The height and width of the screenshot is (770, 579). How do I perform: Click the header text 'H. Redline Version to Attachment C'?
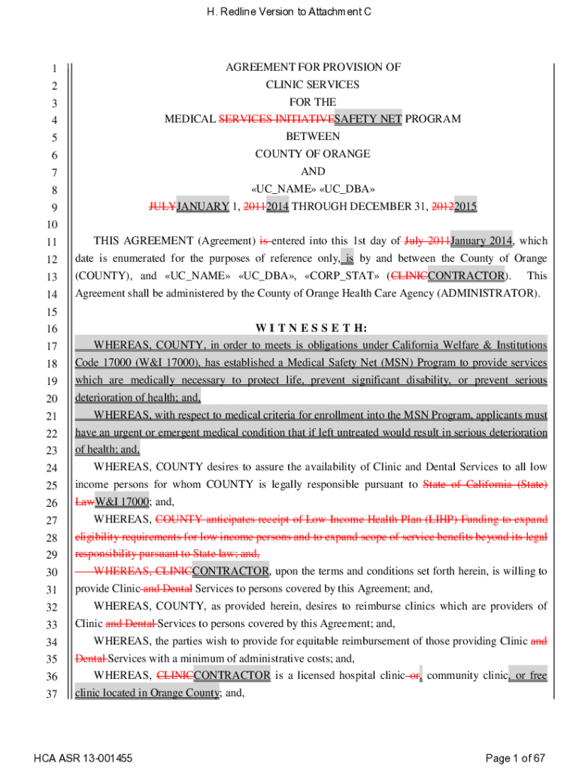click(289, 12)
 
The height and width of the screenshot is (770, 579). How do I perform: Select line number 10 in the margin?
click(51, 224)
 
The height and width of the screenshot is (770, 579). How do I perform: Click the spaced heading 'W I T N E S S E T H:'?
click(311, 328)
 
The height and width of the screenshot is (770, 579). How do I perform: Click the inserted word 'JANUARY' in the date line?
click(202, 206)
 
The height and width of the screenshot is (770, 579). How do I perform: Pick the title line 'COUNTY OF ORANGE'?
click(313, 154)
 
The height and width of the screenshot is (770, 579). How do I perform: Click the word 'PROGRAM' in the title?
click(433, 119)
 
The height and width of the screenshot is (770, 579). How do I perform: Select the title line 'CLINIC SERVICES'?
click(313, 84)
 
